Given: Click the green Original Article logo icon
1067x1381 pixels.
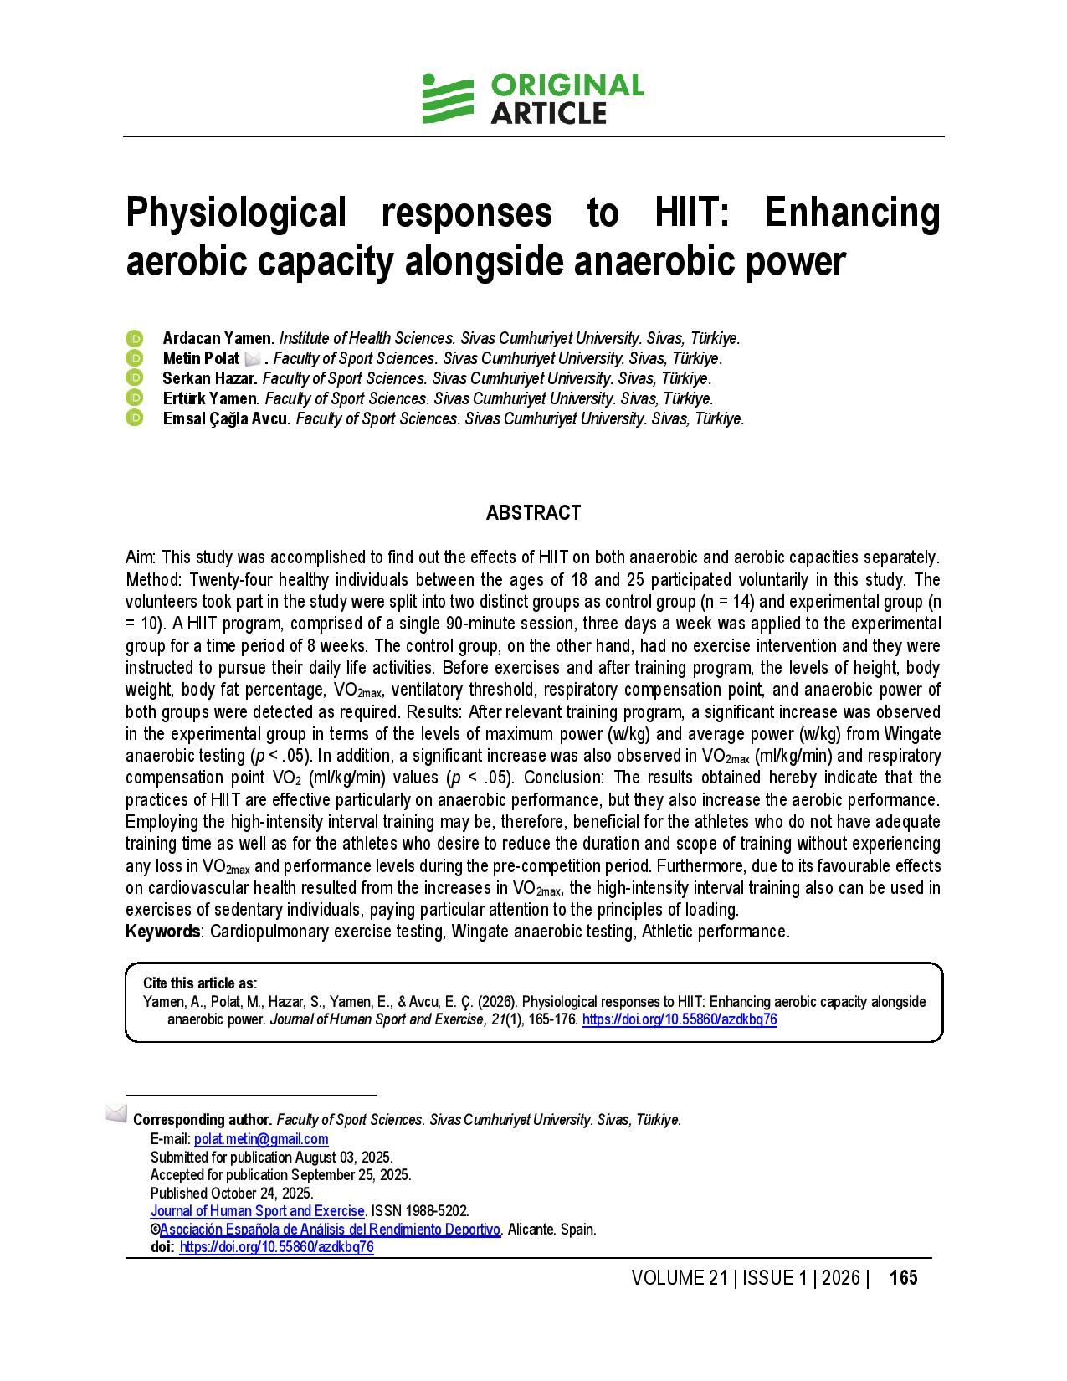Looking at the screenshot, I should coord(447,99).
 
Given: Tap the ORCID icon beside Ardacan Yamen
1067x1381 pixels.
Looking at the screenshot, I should coord(135,339).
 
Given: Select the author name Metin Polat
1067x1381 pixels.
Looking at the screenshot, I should coord(201,359).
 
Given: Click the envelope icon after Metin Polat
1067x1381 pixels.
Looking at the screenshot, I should coord(253,359).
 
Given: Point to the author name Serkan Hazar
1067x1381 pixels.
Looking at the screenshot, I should coord(210,379).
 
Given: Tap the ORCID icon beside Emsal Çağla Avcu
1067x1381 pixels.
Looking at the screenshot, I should coord(135,418).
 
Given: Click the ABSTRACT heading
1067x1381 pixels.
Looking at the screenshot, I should coord(533,513).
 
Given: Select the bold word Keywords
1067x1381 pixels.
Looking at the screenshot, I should coord(163,932).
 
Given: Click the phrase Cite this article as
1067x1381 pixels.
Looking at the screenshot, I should coord(200,983).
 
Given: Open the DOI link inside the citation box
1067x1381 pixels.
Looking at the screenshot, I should coord(679,1019).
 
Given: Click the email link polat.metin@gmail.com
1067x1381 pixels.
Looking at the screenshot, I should coord(261,1139).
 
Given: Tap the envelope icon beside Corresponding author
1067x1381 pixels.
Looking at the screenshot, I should coord(116,1114).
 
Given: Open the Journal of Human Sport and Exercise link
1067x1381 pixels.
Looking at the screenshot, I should coord(257,1211).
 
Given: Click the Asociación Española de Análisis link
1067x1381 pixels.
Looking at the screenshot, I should coord(330,1230).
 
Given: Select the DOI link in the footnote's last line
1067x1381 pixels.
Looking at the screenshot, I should coord(276,1247).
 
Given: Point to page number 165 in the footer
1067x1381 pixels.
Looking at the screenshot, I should coord(903,1278).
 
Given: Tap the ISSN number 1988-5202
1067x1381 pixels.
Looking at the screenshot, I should coord(437,1211).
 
